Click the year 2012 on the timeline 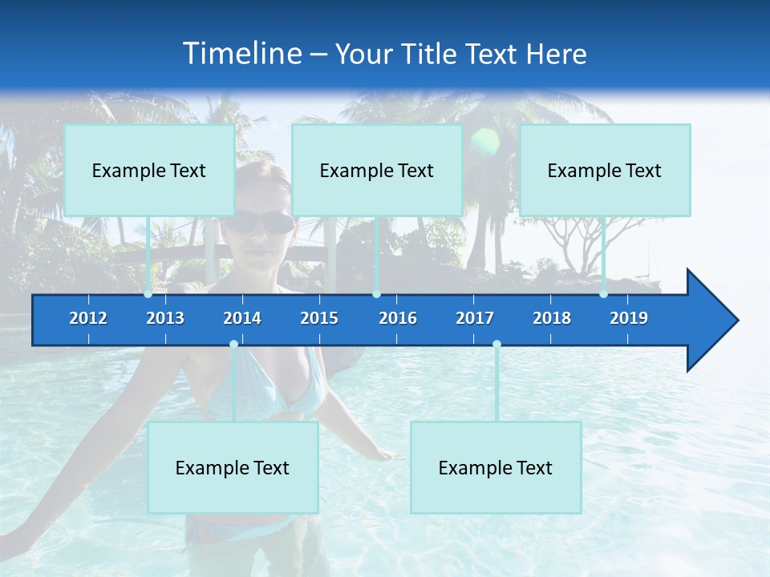[x=88, y=318]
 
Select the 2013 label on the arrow [x=165, y=318]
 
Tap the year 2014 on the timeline [x=242, y=318]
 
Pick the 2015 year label [x=319, y=318]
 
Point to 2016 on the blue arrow [x=398, y=318]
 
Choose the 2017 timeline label [x=475, y=318]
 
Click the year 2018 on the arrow [x=552, y=318]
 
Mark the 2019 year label [x=629, y=318]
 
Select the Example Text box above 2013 [x=149, y=170]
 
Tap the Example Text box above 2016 [x=377, y=170]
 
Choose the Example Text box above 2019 [x=605, y=170]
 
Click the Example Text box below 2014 [x=233, y=467]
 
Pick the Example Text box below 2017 [x=496, y=467]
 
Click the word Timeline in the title [x=241, y=53]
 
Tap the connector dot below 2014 [x=233, y=345]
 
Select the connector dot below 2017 [x=496, y=345]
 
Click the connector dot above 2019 [x=603, y=294]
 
